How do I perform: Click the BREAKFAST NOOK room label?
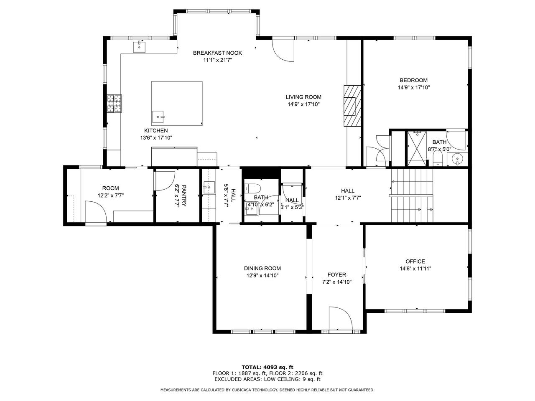(217, 53)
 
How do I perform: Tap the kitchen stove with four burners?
(114, 104)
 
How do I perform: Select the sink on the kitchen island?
(158, 117)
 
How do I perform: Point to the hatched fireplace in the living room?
(352, 106)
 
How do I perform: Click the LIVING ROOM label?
(303, 97)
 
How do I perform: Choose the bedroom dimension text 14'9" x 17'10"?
(414, 87)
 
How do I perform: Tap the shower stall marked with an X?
(417, 149)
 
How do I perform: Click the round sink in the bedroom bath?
(457, 159)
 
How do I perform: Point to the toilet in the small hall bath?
(253, 188)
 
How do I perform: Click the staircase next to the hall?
(412, 195)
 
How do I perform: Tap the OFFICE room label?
(415, 261)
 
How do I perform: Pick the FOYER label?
(336, 274)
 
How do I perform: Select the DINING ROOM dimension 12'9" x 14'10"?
(262, 276)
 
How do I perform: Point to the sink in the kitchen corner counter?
(139, 47)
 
